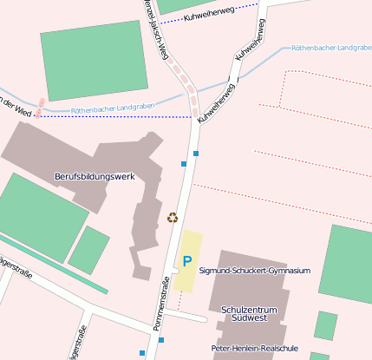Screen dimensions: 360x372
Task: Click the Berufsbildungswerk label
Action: (x=95, y=176)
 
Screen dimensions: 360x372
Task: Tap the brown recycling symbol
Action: (x=172, y=218)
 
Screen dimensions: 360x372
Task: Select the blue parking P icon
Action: (x=186, y=260)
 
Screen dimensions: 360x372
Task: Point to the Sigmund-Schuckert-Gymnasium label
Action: (x=254, y=271)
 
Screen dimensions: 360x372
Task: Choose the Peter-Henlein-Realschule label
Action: (x=254, y=348)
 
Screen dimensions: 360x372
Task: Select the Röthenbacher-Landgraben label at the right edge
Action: (x=331, y=47)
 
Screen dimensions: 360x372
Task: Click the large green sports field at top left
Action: (x=95, y=60)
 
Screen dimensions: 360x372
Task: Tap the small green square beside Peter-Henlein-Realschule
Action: (x=325, y=325)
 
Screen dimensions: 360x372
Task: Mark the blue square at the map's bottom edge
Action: (x=142, y=353)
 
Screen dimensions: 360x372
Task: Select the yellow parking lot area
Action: (x=187, y=260)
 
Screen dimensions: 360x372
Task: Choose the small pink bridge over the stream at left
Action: (x=41, y=106)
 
